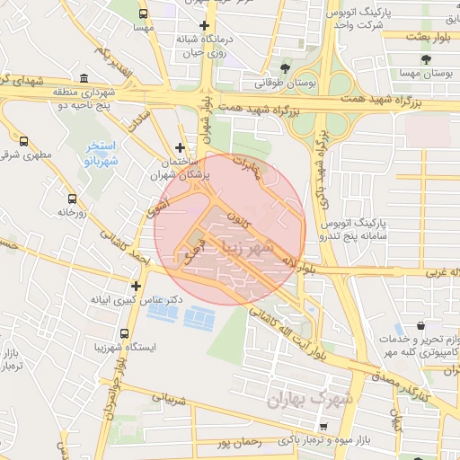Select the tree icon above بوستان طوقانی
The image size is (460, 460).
285,67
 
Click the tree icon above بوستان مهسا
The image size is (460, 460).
426,60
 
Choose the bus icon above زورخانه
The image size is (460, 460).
72,199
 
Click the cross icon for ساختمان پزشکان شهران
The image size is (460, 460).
181,147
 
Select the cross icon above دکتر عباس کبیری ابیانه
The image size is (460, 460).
136,286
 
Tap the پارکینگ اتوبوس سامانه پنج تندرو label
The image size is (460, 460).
386,227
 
